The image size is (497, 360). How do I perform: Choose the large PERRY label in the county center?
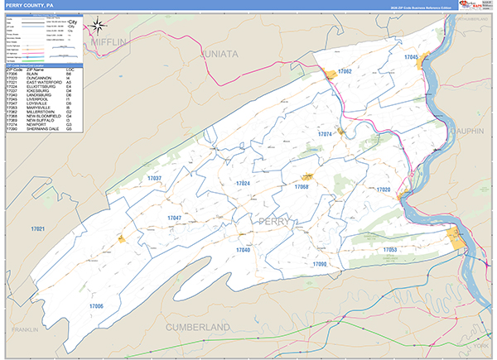(275, 222)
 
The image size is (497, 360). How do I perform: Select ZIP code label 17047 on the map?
(174, 218)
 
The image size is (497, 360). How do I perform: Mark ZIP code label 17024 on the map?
(242, 183)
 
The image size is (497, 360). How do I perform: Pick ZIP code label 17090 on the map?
(320, 263)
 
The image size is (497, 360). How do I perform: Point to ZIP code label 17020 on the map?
(383, 190)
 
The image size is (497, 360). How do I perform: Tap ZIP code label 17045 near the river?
(411, 56)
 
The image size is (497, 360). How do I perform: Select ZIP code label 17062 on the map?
(345, 72)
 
